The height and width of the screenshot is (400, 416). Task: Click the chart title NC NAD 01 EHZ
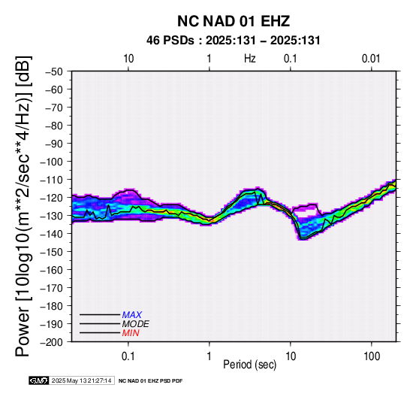click(234, 21)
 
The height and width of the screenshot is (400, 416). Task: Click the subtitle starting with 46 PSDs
click(234, 41)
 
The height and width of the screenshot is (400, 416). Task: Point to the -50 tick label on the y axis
click(54, 71)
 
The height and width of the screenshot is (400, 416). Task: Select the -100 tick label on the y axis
click(52, 162)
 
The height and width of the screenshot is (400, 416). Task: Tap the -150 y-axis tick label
click(52, 252)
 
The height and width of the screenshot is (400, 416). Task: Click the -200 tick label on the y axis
click(52, 342)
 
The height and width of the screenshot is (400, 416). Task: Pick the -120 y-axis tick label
click(52, 198)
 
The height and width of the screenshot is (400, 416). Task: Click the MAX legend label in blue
click(132, 315)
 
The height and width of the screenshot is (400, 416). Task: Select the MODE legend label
click(136, 324)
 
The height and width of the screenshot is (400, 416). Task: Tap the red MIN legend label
click(131, 333)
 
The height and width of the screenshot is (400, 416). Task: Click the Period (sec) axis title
click(250, 365)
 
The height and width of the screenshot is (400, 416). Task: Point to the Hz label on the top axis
click(250, 59)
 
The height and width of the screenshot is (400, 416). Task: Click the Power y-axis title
click(23, 206)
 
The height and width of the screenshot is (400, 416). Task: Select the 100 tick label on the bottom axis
click(372, 356)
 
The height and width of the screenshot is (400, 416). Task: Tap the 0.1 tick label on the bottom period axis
click(128, 356)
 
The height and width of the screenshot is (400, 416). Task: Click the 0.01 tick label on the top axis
click(371, 59)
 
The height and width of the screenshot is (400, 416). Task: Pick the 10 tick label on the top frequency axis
click(128, 59)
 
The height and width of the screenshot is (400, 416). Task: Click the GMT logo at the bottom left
click(39, 380)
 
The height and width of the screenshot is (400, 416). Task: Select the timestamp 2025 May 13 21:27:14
click(81, 380)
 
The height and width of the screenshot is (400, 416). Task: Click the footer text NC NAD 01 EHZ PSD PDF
click(150, 381)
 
